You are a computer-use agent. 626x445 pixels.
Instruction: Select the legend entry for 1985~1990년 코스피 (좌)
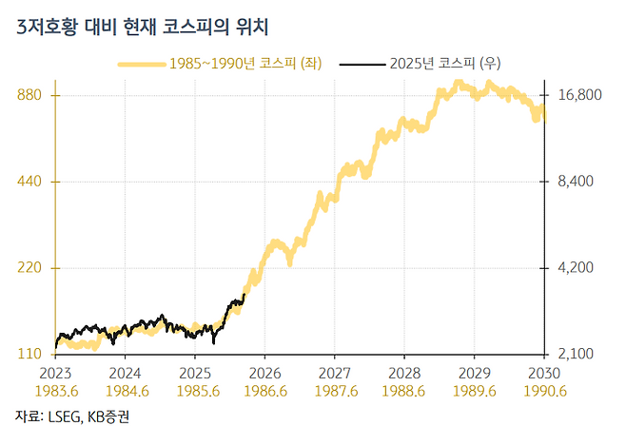point(245,64)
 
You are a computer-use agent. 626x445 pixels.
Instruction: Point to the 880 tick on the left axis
point(35,95)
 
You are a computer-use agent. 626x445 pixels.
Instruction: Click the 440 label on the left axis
point(35,182)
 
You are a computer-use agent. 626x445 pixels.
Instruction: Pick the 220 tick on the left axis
point(35,268)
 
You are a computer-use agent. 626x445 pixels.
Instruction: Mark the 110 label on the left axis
point(35,354)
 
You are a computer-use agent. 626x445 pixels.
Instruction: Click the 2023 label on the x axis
point(57,372)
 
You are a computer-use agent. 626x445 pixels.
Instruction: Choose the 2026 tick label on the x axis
point(265,372)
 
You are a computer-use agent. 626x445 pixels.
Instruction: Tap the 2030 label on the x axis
point(544,372)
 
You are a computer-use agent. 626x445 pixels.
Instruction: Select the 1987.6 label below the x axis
point(335,390)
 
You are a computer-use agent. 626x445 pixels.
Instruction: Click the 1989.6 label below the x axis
point(475,390)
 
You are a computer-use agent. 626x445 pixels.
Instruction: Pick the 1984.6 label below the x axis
point(127,390)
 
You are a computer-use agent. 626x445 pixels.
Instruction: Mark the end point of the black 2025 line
point(245,295)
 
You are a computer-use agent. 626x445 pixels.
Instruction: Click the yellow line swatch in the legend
point(140,64)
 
